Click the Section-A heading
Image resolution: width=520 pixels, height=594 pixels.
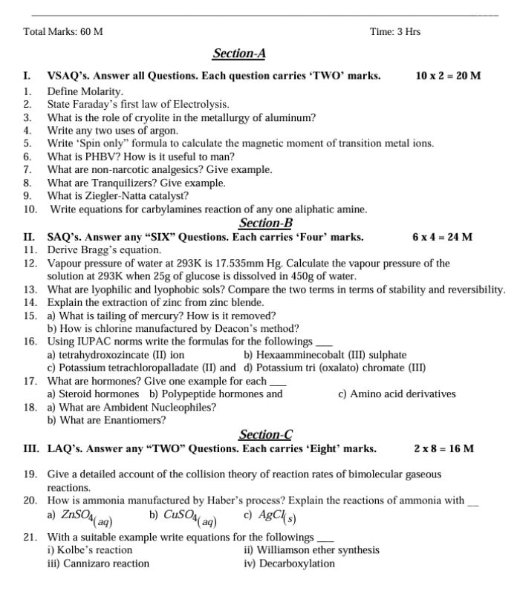coord(239,53)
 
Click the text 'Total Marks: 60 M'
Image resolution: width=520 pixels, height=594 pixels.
coord(63,32)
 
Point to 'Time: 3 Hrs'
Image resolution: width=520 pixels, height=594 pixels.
coord(394,32)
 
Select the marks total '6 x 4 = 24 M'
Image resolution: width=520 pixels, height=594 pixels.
coord(442,237)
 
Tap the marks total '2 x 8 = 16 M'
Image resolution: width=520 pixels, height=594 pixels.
coord(443,448)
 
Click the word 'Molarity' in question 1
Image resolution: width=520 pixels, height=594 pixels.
coord(99,90)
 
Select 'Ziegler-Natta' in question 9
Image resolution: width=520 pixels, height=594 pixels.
coord(118,196)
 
